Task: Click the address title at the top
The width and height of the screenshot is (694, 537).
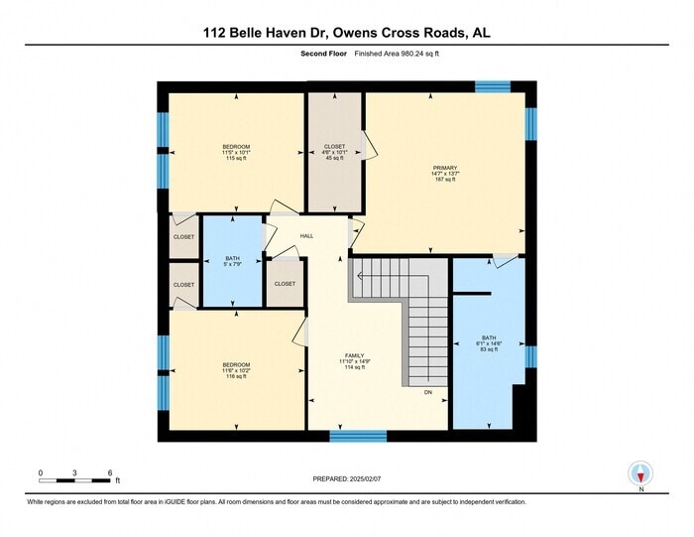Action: [346, 33]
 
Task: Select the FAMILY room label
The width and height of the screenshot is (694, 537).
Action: [354, 360]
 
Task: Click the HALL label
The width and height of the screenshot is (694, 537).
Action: [306, 235]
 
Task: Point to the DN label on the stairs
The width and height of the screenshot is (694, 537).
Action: [428, 392]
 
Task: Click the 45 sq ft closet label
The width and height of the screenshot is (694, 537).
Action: [334, 152]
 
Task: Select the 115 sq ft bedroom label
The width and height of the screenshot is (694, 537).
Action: [235, 152]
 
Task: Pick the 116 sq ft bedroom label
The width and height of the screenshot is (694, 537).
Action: [236, 370]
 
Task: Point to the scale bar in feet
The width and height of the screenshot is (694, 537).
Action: [74, 480]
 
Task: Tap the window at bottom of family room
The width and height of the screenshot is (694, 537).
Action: [358, 436]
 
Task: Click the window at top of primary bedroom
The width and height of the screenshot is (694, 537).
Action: [492, 87]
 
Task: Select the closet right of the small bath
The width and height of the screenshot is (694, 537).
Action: [285, 283]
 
